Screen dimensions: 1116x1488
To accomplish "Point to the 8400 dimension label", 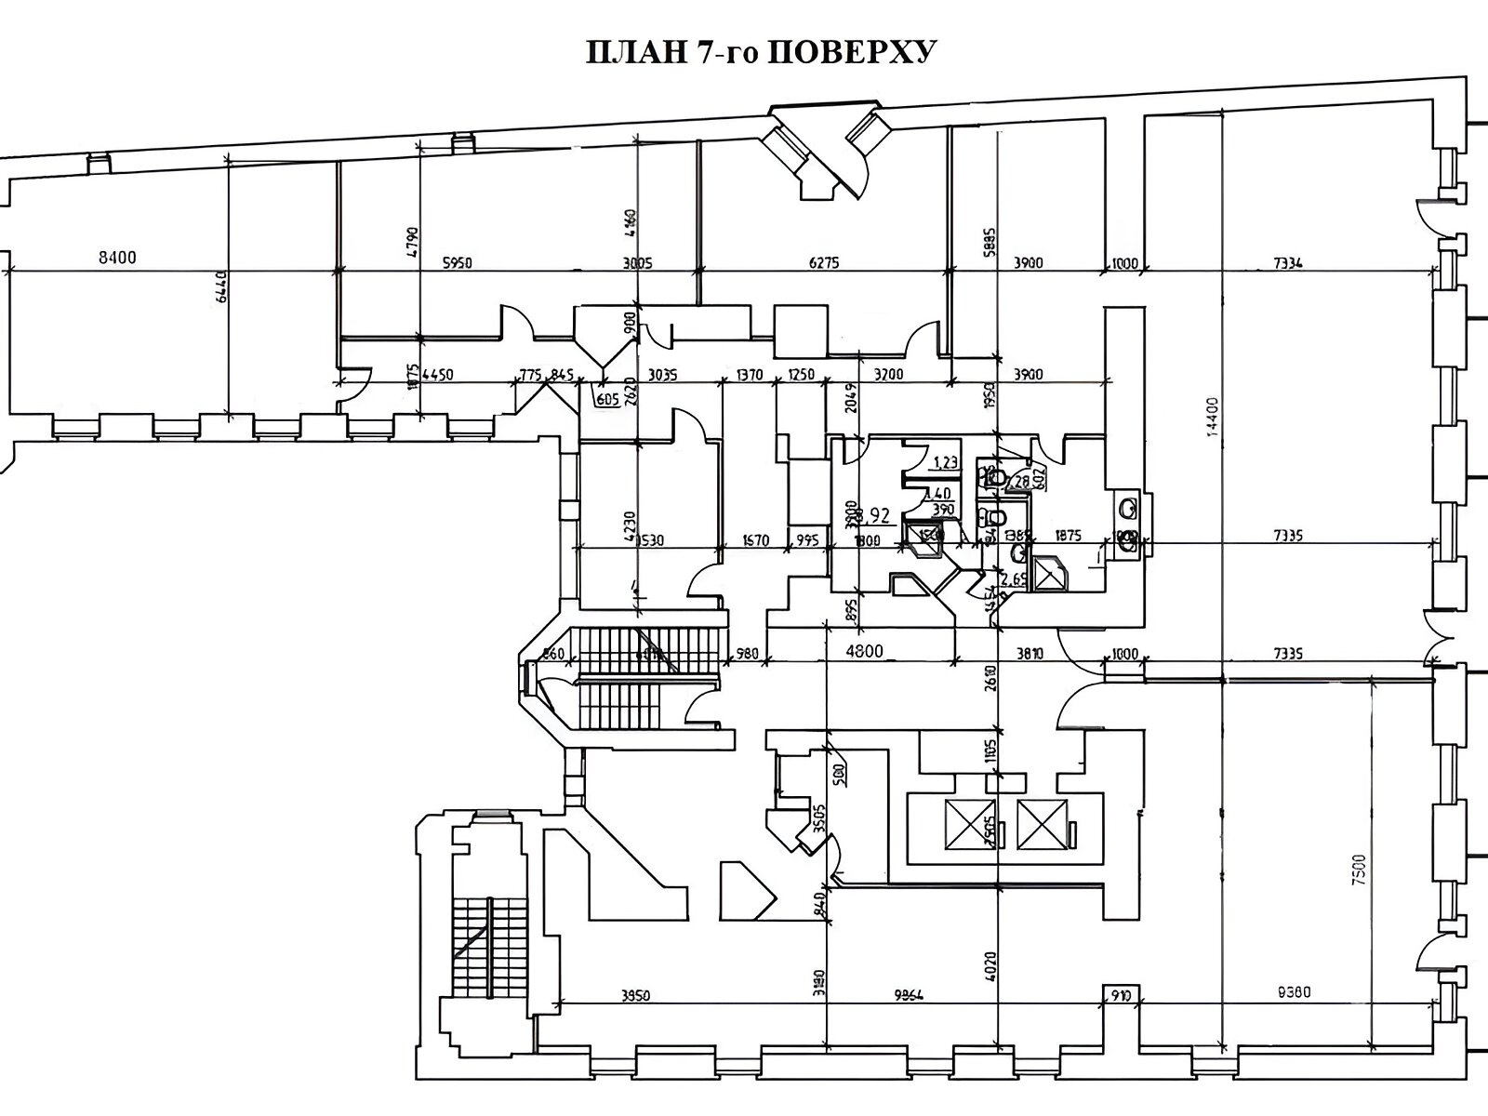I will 117,258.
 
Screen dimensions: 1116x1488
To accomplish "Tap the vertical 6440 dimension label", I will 221,298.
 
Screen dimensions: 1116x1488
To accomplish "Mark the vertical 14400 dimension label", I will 1212,420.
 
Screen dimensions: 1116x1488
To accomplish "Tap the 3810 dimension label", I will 1030,654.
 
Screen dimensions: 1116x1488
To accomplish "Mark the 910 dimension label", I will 1120,995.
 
